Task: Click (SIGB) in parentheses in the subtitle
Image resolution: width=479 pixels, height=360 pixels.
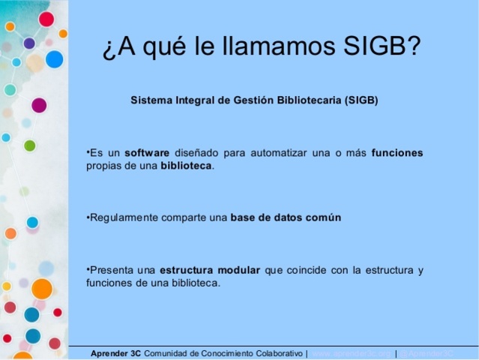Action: point(361,100)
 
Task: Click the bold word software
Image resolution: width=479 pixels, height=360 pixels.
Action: point(147,153)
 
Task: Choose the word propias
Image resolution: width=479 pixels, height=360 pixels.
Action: point(101,166)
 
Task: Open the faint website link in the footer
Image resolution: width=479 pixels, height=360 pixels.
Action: point(351,353)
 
